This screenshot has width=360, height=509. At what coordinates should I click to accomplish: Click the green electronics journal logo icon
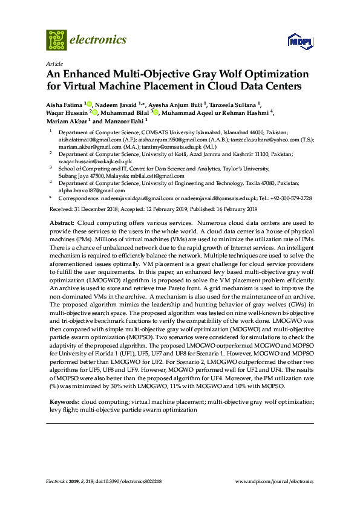[56, 40]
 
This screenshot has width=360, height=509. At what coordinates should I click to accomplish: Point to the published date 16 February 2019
[232, 209]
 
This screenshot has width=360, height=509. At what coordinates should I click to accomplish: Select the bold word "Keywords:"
[64, 401]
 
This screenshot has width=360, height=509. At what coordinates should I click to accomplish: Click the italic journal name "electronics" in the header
[99, 40]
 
